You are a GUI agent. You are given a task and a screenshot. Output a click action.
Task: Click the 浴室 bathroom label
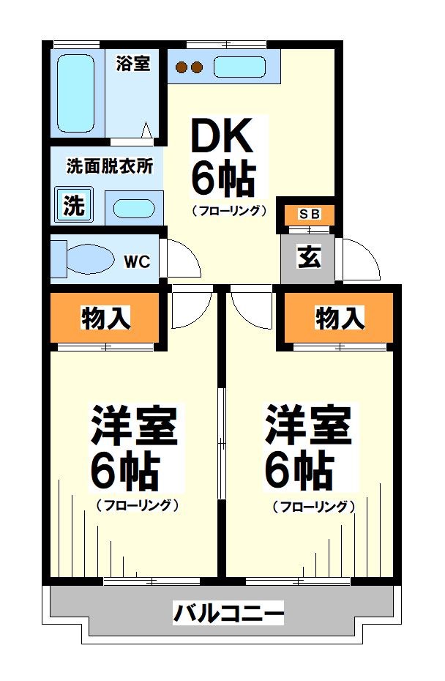133,64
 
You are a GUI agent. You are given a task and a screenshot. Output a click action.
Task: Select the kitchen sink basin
239,67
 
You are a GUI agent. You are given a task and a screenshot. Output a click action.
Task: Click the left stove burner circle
182,68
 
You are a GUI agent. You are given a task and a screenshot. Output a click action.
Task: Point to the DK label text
222,136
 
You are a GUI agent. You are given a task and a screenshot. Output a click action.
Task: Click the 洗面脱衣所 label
110,166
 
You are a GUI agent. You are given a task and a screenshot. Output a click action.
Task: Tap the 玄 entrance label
309,257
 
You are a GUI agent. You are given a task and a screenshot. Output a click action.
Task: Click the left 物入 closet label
106,319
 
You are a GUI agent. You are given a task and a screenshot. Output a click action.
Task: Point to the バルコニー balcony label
228,612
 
